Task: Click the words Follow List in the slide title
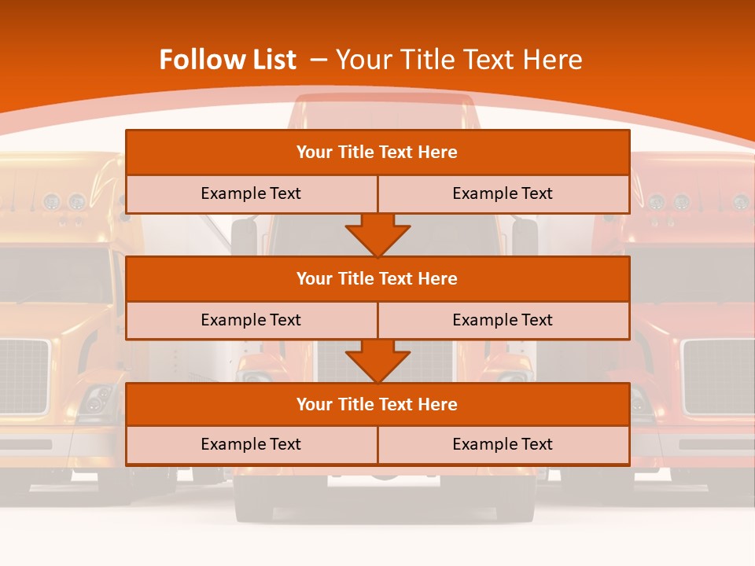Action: pyautogui.click(x=228, y=60)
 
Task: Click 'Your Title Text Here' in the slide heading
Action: pyautogui.click(x=459, y=60)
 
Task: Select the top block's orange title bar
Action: pyautogui.click(x=377, y=153)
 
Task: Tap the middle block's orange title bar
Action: pyautogui.click(x=377, y=279)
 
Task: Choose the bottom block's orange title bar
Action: pyautogui.click(x=377, y=405)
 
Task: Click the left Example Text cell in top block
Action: pyautogui.click(x=251, y=194)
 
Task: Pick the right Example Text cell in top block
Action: pyautogui.click(x=503, y=194)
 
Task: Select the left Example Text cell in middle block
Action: pyautogui.click(x=251, y=321)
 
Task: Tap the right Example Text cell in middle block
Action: pyautogui.click(x=503, y=321)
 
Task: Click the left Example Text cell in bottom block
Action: pyautogui.click(x=251, y=445)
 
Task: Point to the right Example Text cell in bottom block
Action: pyautogui.click(x=503, y=445)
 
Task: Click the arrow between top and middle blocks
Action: pyautogui.click(x=377, y=236)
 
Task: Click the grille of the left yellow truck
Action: pyautogui.click(x=24, y=376)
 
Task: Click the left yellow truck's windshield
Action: pyautogui.click(x=55, y=275)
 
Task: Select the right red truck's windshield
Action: pyautogui.click(x=692, y=275)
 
